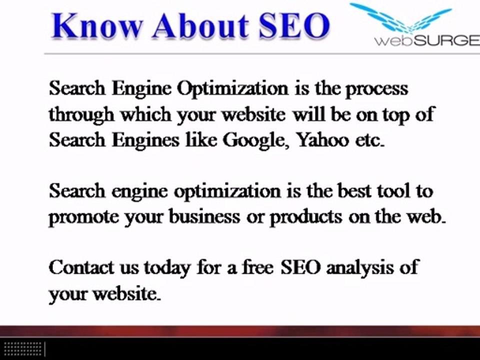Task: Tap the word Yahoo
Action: tap(322, 140)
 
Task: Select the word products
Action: tap(302, 217)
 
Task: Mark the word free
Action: tap(258, 267)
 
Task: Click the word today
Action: tap(167, 268)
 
